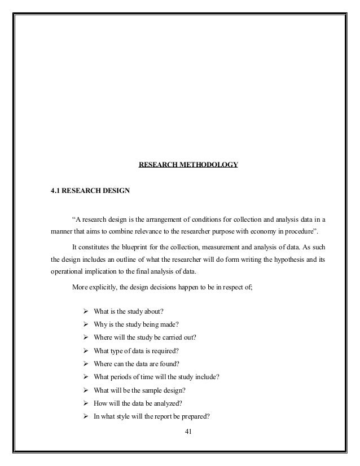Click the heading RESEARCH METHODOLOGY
[x=188, y=165]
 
